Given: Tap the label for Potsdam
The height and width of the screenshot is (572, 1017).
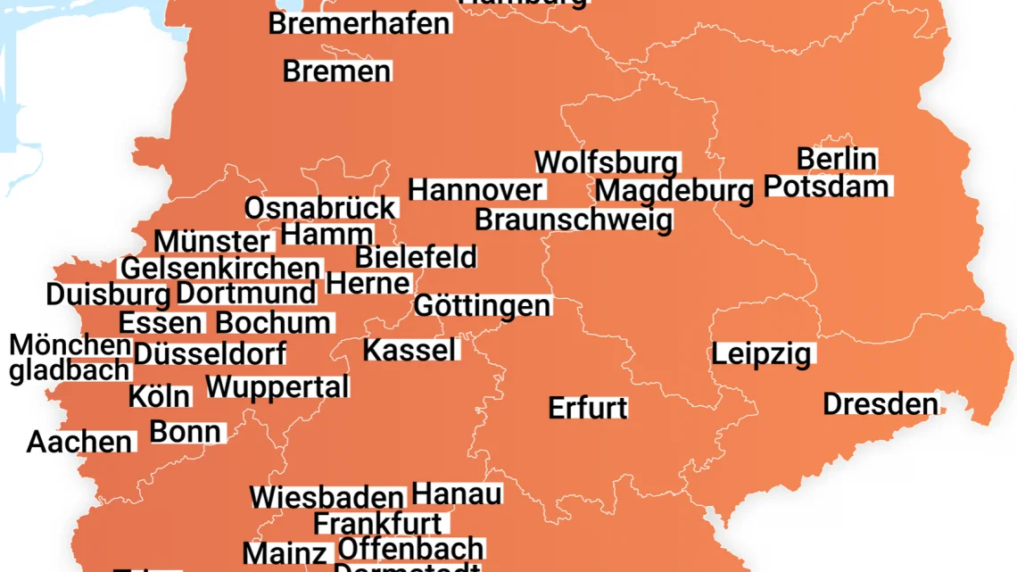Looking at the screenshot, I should (827, 187).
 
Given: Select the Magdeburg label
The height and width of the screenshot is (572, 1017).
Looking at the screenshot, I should (674, 191).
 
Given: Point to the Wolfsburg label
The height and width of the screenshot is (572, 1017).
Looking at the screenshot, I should (607, 163).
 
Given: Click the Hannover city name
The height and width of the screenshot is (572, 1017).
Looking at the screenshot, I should (475, 190).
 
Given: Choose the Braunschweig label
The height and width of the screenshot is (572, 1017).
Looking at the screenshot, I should (574, 220).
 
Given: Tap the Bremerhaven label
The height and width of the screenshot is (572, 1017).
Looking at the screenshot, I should (360, 24).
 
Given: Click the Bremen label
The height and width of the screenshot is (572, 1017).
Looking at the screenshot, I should (336, 71).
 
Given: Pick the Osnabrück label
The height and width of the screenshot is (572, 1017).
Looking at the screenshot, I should (319, 209).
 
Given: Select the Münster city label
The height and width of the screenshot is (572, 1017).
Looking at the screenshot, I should (212, 242).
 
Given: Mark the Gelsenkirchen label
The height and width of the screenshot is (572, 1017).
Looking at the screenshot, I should (220, 269).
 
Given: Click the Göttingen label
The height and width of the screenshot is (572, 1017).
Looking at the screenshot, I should (483, 306).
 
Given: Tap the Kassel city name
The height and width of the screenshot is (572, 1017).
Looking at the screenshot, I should (410, 350).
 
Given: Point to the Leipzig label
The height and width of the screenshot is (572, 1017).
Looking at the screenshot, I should (762, 354).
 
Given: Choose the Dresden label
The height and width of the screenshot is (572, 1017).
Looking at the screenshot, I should (880, 404).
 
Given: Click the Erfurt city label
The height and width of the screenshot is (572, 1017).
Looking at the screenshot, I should (588, 409).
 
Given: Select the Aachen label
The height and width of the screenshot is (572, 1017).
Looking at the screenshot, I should (79, 442).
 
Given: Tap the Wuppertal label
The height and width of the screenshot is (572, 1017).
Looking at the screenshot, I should (277, 387).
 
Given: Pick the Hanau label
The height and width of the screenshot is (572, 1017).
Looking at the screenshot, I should (457, 494).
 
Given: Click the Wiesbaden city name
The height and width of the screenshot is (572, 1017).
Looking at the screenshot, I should (327, 498).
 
